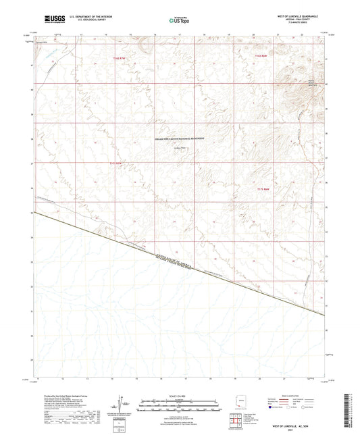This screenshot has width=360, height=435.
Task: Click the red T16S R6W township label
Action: (262, 55)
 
